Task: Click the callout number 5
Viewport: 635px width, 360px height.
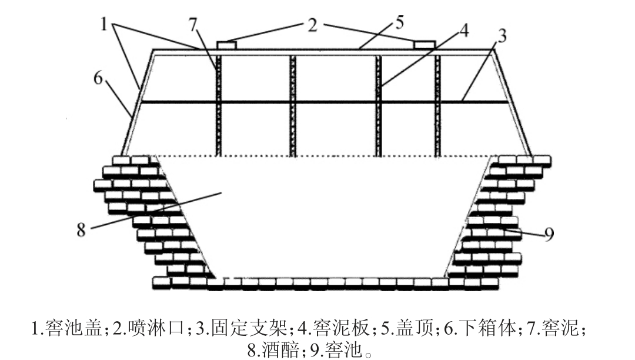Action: pyautogui.click(x=400, y=24)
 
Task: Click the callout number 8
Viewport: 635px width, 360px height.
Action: pyautogui.click(x=81, y=230)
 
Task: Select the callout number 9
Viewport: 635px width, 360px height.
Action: pyautogui.click(x=548, y=235)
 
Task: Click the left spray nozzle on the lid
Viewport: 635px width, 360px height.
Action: pyautogui.click(x=226, y=45)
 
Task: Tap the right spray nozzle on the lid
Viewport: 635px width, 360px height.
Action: pyautogui.click(x=424, y=45)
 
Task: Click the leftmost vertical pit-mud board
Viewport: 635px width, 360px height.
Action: pyautogui.click(x=218, y=106)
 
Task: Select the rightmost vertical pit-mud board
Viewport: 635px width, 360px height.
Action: pyautogui.click(x=437, y=106)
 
